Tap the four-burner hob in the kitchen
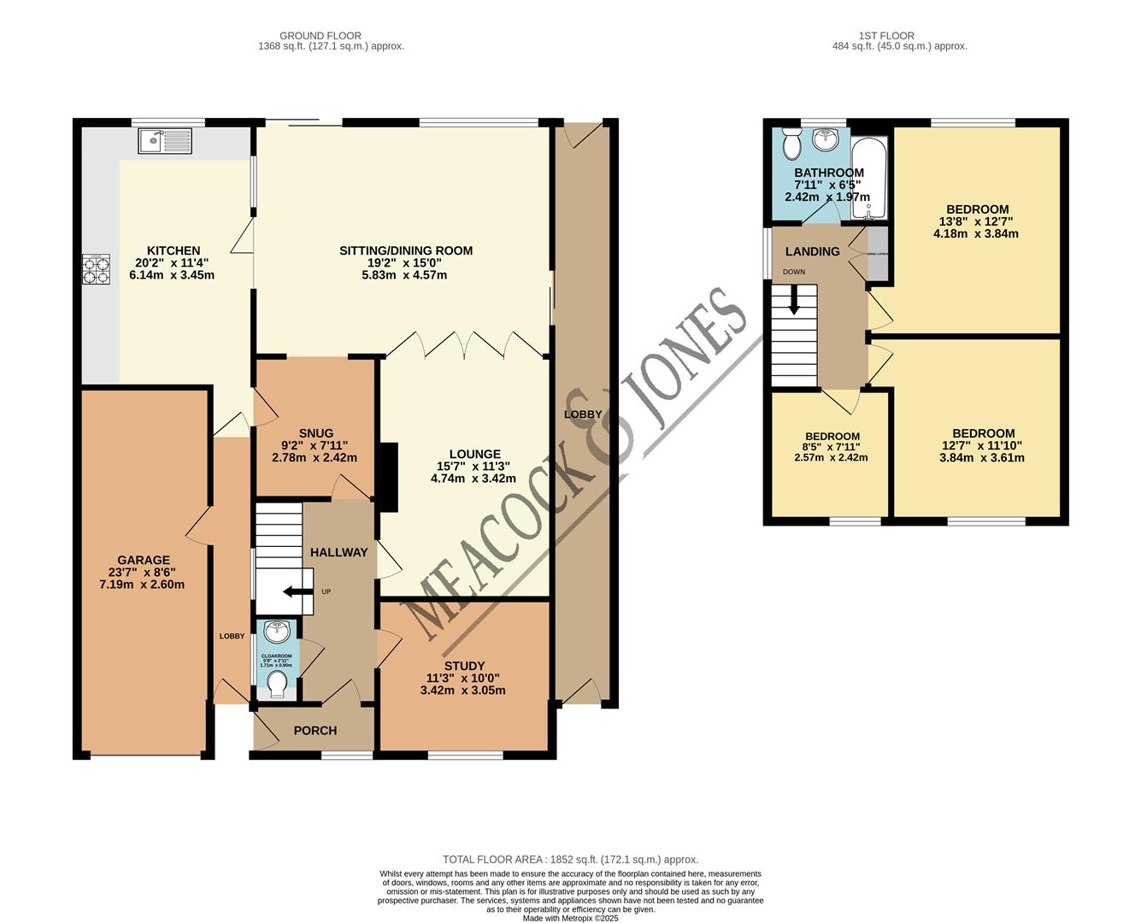coord(97,269)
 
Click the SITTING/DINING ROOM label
coord(406,250)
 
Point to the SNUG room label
coord(315,433)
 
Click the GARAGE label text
coord(143,561)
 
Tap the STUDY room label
coord(464,666)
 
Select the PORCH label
coord(315,731)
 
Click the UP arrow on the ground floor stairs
coord(295,591)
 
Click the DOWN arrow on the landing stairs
coord(795,300)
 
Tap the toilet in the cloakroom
coord(276,683)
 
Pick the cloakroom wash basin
coord(276,633)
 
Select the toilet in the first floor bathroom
coord(791,144)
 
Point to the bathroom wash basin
coord(826,138)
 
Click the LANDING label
coord(812,251)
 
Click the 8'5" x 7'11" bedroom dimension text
coord(832,446)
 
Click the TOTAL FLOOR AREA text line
coord(570,860)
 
